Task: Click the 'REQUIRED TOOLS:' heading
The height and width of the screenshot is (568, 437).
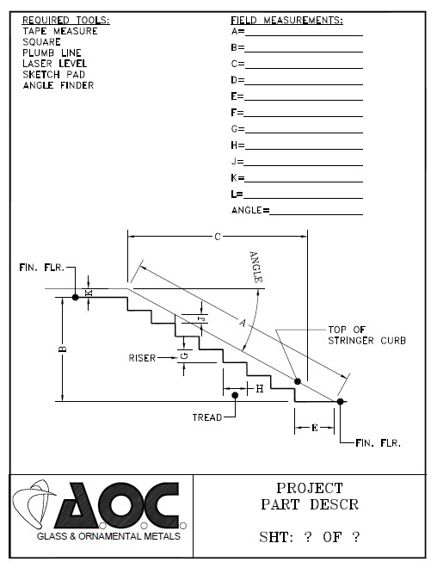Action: [66, 20]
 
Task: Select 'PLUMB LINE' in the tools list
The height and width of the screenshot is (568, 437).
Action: [52, 52]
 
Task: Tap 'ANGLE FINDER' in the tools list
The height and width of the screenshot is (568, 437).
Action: [58, 85]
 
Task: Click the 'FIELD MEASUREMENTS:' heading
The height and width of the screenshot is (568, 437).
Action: [286, 20]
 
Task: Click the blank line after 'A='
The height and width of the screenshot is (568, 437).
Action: [304, 35]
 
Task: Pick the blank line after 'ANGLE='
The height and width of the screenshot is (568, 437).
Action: [316, 215]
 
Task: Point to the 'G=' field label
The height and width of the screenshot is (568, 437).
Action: [237, 128]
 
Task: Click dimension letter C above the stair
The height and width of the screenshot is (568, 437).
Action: [218, 237]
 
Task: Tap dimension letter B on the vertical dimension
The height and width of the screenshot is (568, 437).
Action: [63, 349]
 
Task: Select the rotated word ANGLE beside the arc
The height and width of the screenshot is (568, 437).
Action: [255, 267]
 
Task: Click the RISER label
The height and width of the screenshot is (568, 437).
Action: [142, 358]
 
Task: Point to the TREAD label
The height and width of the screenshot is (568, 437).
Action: [207, 417]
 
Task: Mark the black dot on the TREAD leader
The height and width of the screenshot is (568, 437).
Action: [235, 395]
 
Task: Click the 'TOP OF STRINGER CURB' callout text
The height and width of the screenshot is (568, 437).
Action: [366, 335]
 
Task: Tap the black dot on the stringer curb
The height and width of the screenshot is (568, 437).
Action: [298, 381]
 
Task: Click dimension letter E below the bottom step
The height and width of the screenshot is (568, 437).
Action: [315, 428]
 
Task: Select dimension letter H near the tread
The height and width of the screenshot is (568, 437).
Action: [260, 389]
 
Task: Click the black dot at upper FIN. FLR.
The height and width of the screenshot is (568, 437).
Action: [76, 298]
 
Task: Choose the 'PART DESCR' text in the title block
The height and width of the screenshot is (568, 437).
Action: [310, 504]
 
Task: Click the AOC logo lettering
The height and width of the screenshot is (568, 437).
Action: [118, 505]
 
